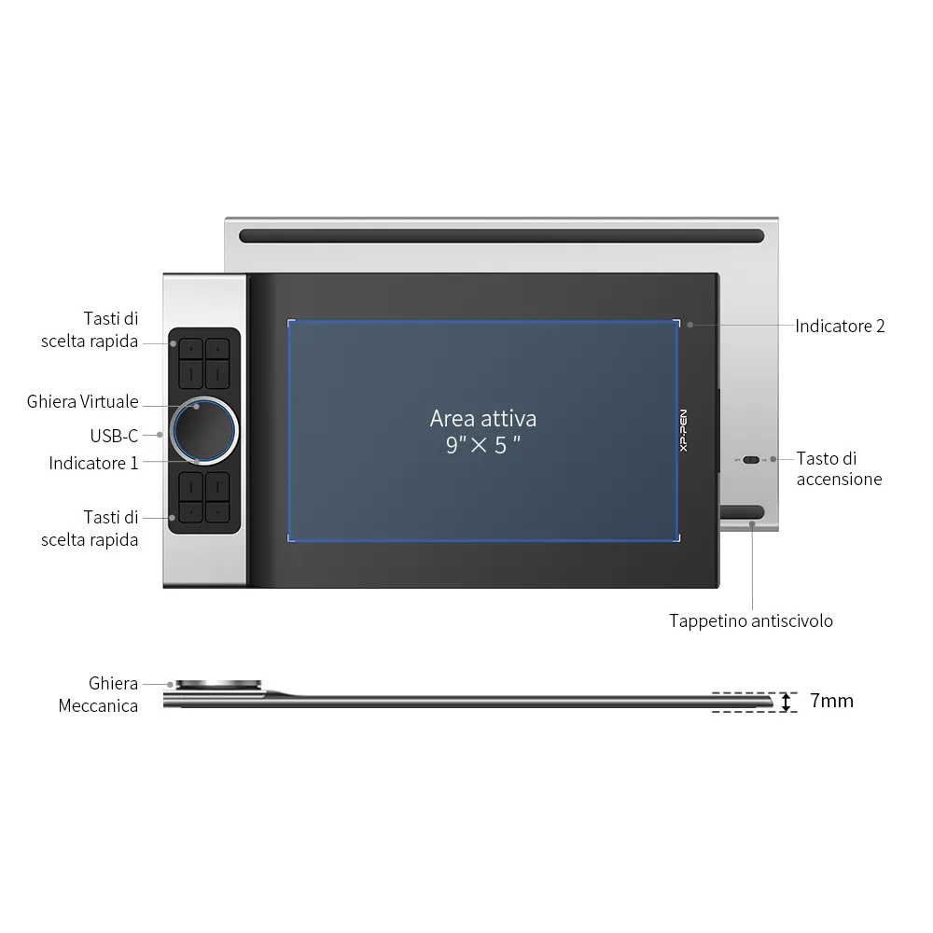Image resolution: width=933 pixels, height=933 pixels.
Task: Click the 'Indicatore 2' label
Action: pos(840,326)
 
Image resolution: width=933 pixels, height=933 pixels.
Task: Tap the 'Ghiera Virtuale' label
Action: pos(83,401)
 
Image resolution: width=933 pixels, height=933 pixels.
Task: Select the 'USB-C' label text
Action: pos(114,436)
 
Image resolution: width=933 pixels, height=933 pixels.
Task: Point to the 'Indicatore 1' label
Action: pos(93,463)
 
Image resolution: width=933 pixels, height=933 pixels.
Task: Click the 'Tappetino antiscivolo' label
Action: pos(751,621)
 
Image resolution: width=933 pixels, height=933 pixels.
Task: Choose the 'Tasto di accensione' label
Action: pos(839,469)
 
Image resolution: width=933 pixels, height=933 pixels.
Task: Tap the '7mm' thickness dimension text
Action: pos(832,701)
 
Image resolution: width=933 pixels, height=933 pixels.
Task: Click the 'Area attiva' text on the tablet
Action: pos(483,419)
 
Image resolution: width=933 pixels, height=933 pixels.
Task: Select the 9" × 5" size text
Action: pos(483,444)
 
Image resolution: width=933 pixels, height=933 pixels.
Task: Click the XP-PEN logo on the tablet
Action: pos(683,430)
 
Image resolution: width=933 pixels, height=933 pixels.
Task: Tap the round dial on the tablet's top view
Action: pos(204,431)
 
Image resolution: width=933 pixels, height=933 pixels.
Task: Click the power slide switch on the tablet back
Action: pos(751,460)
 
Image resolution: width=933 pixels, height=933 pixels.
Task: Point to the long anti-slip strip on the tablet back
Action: pos(502,236)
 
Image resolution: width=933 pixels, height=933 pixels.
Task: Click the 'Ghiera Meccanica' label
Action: pos(98,694)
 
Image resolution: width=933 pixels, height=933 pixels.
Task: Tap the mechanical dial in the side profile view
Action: pos(218,686)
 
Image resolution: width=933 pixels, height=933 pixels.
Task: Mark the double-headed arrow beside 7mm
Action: pos(786,703)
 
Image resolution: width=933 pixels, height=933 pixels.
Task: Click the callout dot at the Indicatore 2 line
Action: pos(690,325)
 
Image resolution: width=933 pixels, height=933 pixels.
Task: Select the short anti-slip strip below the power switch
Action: pos(742,512)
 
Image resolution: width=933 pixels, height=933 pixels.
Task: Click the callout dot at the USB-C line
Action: pos(160,435)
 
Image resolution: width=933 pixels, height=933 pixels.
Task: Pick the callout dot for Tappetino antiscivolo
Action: pos(752,524)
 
